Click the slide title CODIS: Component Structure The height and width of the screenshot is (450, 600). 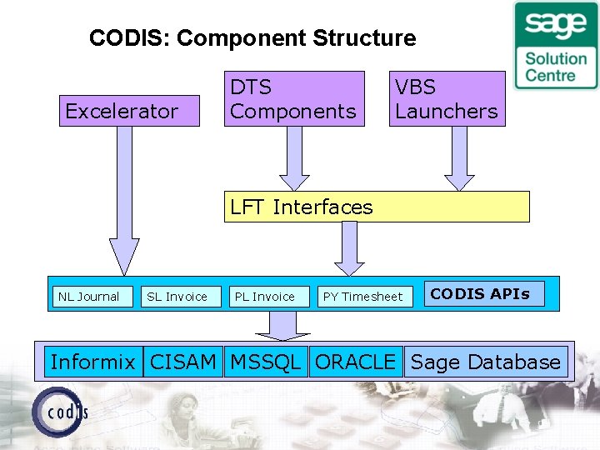click(x=252, y=38)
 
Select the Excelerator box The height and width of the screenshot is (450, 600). click(x=129, y=111)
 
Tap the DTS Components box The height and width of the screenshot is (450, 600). click(x=294, y=98)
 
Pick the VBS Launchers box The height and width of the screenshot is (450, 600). click(x=447, y=98)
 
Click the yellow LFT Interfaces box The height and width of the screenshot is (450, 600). click(x=377, y=207)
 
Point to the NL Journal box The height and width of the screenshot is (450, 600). click(x=91, y=296)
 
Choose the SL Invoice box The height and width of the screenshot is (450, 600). click(x=179, y=296)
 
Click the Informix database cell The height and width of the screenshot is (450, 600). click(x=92, y=362)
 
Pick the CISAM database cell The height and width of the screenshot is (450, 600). click(x=183, y=362)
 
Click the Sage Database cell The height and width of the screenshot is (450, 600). click(x=486, y=362)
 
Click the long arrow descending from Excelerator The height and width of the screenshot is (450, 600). click(x=124, y=200)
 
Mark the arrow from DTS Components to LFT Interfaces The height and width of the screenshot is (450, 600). click(x=294, y=158)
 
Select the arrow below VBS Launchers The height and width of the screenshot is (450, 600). click(x=459, y=158)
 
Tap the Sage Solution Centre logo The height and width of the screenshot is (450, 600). click(x=556, y=45)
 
